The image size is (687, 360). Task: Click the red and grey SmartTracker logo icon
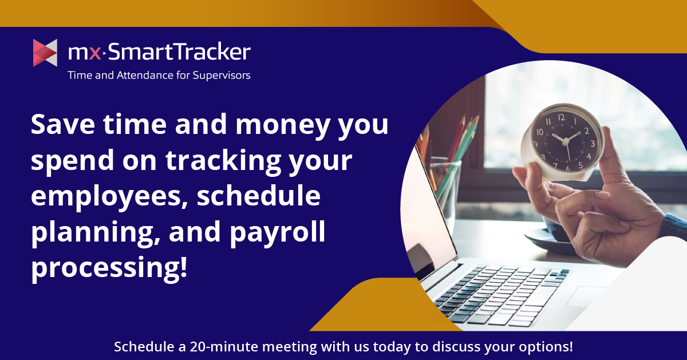pos(45,53)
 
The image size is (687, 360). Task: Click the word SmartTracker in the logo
pos(179,52)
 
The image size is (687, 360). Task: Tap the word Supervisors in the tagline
pos(222,76)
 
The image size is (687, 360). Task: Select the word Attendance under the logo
pos(144,75)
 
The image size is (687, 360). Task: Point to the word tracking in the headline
pos(223,161)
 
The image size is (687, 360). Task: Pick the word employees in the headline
pos(109,197)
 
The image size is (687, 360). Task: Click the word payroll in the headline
pos(277,233)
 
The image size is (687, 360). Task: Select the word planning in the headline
pos(96,233)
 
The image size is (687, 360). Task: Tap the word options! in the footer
pos(546,347)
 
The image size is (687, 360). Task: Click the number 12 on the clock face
pos(561,117)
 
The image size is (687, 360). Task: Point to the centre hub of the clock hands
pos(566,141)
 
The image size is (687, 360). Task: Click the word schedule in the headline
pos(259,196)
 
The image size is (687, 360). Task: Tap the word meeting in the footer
pos(290,347)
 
